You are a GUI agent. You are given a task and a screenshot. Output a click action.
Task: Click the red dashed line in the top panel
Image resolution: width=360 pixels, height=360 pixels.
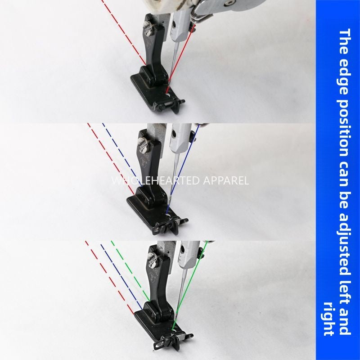(x=124, y=31)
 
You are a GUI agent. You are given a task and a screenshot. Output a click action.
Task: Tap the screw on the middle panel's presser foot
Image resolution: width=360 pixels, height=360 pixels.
(x=144, y=145)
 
